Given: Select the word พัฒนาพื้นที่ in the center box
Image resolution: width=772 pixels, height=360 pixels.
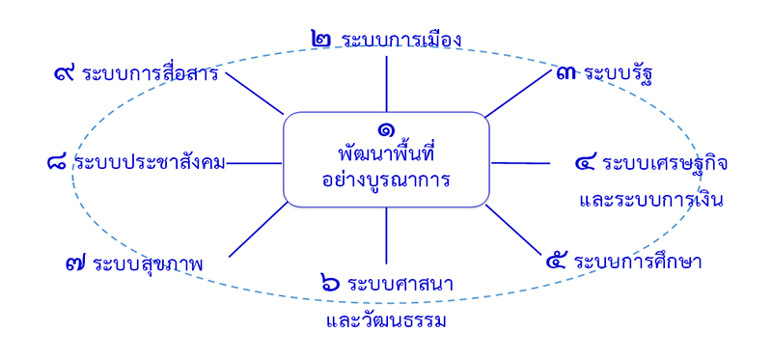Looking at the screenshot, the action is point(385,153).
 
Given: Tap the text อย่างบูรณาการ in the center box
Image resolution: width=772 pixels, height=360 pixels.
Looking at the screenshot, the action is point(386,179).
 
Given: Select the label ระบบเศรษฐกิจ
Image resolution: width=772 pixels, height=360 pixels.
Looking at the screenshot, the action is point(665,163).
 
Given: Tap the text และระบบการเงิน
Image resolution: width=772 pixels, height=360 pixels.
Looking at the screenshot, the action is point(651,201).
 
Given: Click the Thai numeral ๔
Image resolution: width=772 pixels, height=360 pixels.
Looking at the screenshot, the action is point(585,163).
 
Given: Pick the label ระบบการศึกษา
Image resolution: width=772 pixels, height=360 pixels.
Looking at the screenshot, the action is point(638,262).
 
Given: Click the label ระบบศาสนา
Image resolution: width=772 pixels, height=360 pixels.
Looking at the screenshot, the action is point(401,284).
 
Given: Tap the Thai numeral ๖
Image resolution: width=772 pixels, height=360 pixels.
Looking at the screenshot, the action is point(330,284).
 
